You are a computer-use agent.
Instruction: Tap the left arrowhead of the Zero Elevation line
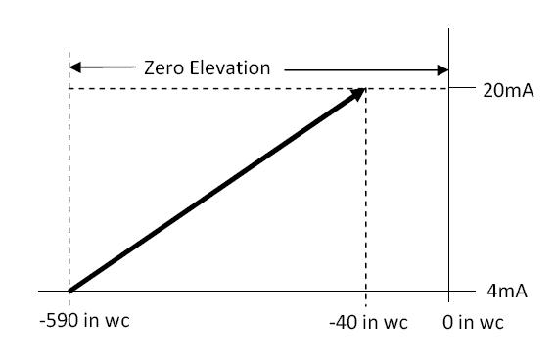tap(75, 69)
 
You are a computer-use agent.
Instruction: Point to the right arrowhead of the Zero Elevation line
tap(441, 69)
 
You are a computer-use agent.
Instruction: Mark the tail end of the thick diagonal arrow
tap(70, 291)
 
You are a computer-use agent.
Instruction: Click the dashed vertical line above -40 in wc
tap(366, 196)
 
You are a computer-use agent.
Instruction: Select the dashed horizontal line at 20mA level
tap(215, 89)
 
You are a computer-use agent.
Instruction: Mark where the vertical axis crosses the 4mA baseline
tap(448, 292)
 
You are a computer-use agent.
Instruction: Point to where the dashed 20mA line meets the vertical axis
tap(448, 89)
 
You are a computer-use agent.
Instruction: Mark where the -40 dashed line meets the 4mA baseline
tap(366, 292)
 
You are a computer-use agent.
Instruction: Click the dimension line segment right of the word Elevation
tap(362, 69)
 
